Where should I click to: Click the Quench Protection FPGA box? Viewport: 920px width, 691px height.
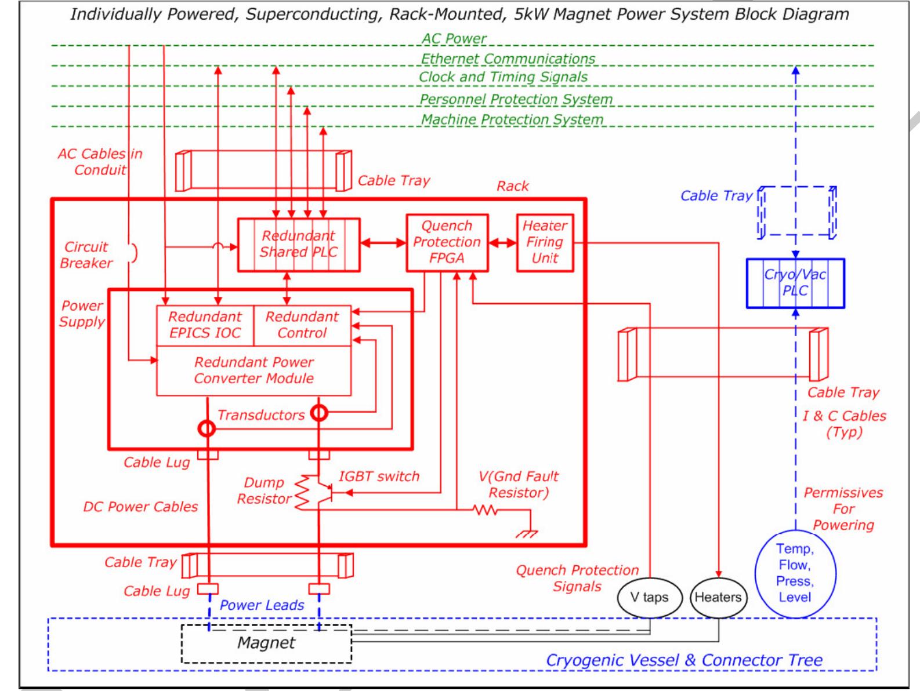tap(447, 242)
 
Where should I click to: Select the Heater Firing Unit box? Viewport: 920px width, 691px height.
tap(545, 242)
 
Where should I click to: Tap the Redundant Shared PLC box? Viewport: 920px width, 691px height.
tap(299, 244)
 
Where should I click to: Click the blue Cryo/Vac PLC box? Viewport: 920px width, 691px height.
tap(795, 283)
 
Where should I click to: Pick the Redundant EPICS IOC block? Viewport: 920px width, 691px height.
tap(205, 325)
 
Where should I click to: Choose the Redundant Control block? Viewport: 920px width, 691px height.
tap(302, 325)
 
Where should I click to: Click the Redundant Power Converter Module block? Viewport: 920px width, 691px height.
tap(253, 371)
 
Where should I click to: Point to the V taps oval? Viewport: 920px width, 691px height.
tap(649, 598)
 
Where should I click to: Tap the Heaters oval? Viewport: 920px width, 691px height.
tap(718, 598)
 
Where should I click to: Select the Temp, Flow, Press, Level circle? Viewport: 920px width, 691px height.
tap(795, 573)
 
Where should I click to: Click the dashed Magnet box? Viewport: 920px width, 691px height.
tap(266, 643)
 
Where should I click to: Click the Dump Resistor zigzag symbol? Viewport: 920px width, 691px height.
tap(302, 493)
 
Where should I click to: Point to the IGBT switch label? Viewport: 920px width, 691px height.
tap(379, 477)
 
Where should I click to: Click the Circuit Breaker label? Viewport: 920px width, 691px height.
tap(86, 255)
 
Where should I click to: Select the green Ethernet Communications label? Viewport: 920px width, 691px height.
tap(508, 59)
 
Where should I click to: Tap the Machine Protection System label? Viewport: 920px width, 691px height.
tap(512, 120)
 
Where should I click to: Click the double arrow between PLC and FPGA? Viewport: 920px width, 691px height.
tap(383, 243)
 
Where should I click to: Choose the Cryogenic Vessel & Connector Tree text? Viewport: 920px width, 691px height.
tap(684, 660)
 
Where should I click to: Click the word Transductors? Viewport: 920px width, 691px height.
tap(261, 415)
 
